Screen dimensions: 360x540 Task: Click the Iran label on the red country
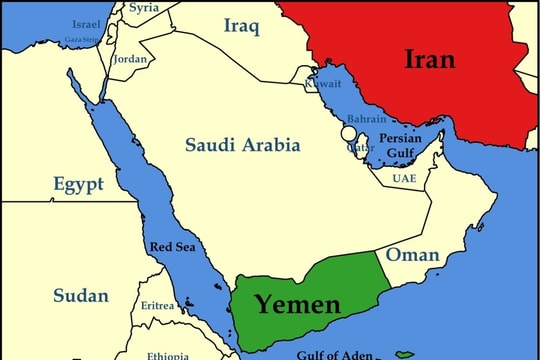(x=429, y=60)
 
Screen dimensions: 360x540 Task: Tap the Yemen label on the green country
(x=296, y=304)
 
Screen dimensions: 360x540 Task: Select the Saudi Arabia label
(x=242, y=146)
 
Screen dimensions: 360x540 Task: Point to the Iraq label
(x=243, y=26)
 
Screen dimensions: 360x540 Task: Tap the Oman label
(x=412, y=255)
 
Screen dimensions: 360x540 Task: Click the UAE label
(x=404, y=178)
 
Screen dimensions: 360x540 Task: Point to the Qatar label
(x=360, y=147)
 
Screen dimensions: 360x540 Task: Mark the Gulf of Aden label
(x=334, y=353)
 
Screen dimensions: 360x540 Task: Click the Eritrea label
(x=158, y=305)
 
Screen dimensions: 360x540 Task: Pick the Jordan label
(x=130, y=59)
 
